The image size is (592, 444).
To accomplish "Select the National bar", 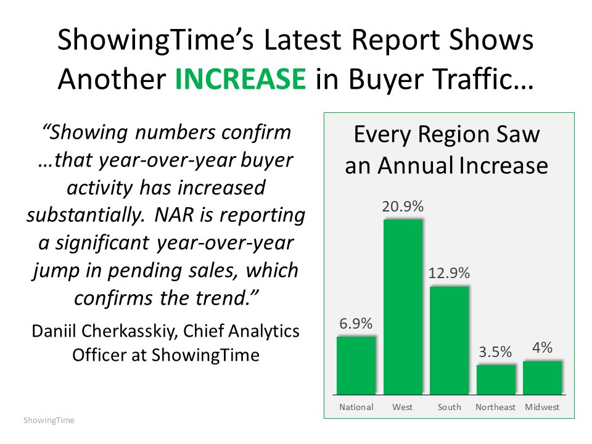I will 356,365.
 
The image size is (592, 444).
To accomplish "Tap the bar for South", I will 449,340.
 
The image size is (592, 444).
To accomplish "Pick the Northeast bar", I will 496,379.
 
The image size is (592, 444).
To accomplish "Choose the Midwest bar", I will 543,377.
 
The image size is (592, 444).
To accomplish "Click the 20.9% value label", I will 403,207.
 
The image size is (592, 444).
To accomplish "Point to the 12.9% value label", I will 449,274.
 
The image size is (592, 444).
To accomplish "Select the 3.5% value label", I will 495,352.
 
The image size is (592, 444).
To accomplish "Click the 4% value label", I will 543,348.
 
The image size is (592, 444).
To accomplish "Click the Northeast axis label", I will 496,407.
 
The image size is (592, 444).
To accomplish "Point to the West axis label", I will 403,407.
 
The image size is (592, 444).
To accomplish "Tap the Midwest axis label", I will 543,407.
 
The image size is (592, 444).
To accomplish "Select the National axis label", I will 356,407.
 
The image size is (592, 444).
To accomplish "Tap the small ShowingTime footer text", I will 49,421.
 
